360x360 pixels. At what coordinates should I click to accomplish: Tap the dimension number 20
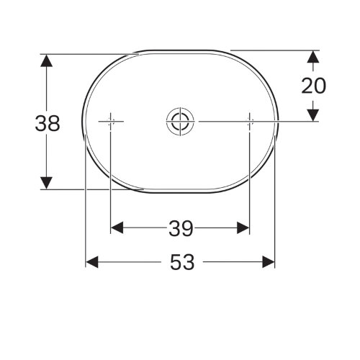point(314,86)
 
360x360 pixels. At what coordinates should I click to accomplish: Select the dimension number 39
point(181,228)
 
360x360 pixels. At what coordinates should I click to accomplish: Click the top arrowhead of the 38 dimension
point(46,59)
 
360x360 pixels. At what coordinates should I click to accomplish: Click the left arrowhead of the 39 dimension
point(116,228)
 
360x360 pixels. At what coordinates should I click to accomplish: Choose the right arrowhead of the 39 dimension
point(244,228)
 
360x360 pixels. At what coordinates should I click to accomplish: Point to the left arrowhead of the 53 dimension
point(92,263)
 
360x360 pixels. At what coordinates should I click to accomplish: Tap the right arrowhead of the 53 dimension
point(270,263)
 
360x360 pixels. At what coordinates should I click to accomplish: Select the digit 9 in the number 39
point(187,228)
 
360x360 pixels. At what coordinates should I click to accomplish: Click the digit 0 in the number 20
point(320,86)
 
